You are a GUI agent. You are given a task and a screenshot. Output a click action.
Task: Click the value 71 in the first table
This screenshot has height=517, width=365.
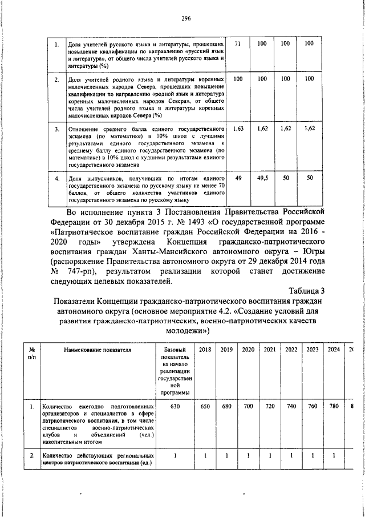click(238, 43)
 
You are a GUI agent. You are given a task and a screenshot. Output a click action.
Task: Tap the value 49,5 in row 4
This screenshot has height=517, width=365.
click(262, 178)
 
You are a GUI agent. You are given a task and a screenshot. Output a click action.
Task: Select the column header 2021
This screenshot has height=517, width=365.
click(270, 349)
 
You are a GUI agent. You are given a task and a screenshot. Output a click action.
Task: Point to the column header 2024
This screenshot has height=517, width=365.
click(334, 349)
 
